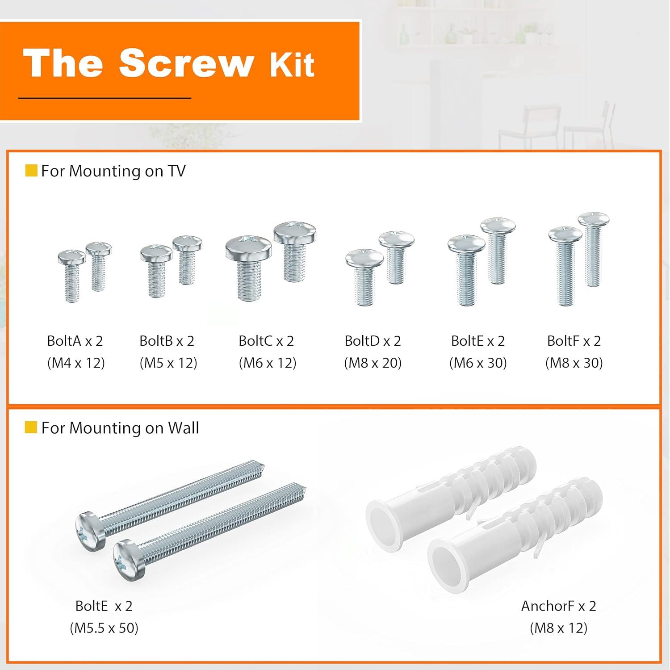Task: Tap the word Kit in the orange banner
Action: [292, 65]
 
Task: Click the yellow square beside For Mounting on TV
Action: [31, 171]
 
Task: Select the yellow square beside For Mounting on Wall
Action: [31, 427]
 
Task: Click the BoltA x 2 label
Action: [75, 341]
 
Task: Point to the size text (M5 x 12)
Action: [168, 363]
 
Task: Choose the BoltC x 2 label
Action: [266, 341]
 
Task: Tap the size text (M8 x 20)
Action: [373, 363]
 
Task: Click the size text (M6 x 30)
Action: [478, 363]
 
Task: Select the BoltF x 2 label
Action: [574, 341]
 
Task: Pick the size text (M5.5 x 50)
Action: [104, 628]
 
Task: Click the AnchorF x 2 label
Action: [558, 606]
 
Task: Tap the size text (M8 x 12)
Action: [558, 628]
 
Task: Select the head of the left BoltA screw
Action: [71, 257]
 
